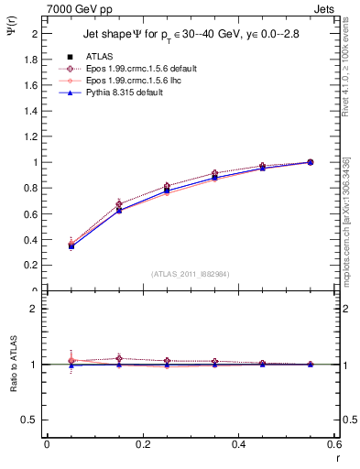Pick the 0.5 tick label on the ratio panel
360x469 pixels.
pos(29,420)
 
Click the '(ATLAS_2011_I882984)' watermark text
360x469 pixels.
pos(191,274)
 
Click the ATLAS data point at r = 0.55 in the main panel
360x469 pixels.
pos(310,162)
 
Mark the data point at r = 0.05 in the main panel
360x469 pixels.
pos(71,245)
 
